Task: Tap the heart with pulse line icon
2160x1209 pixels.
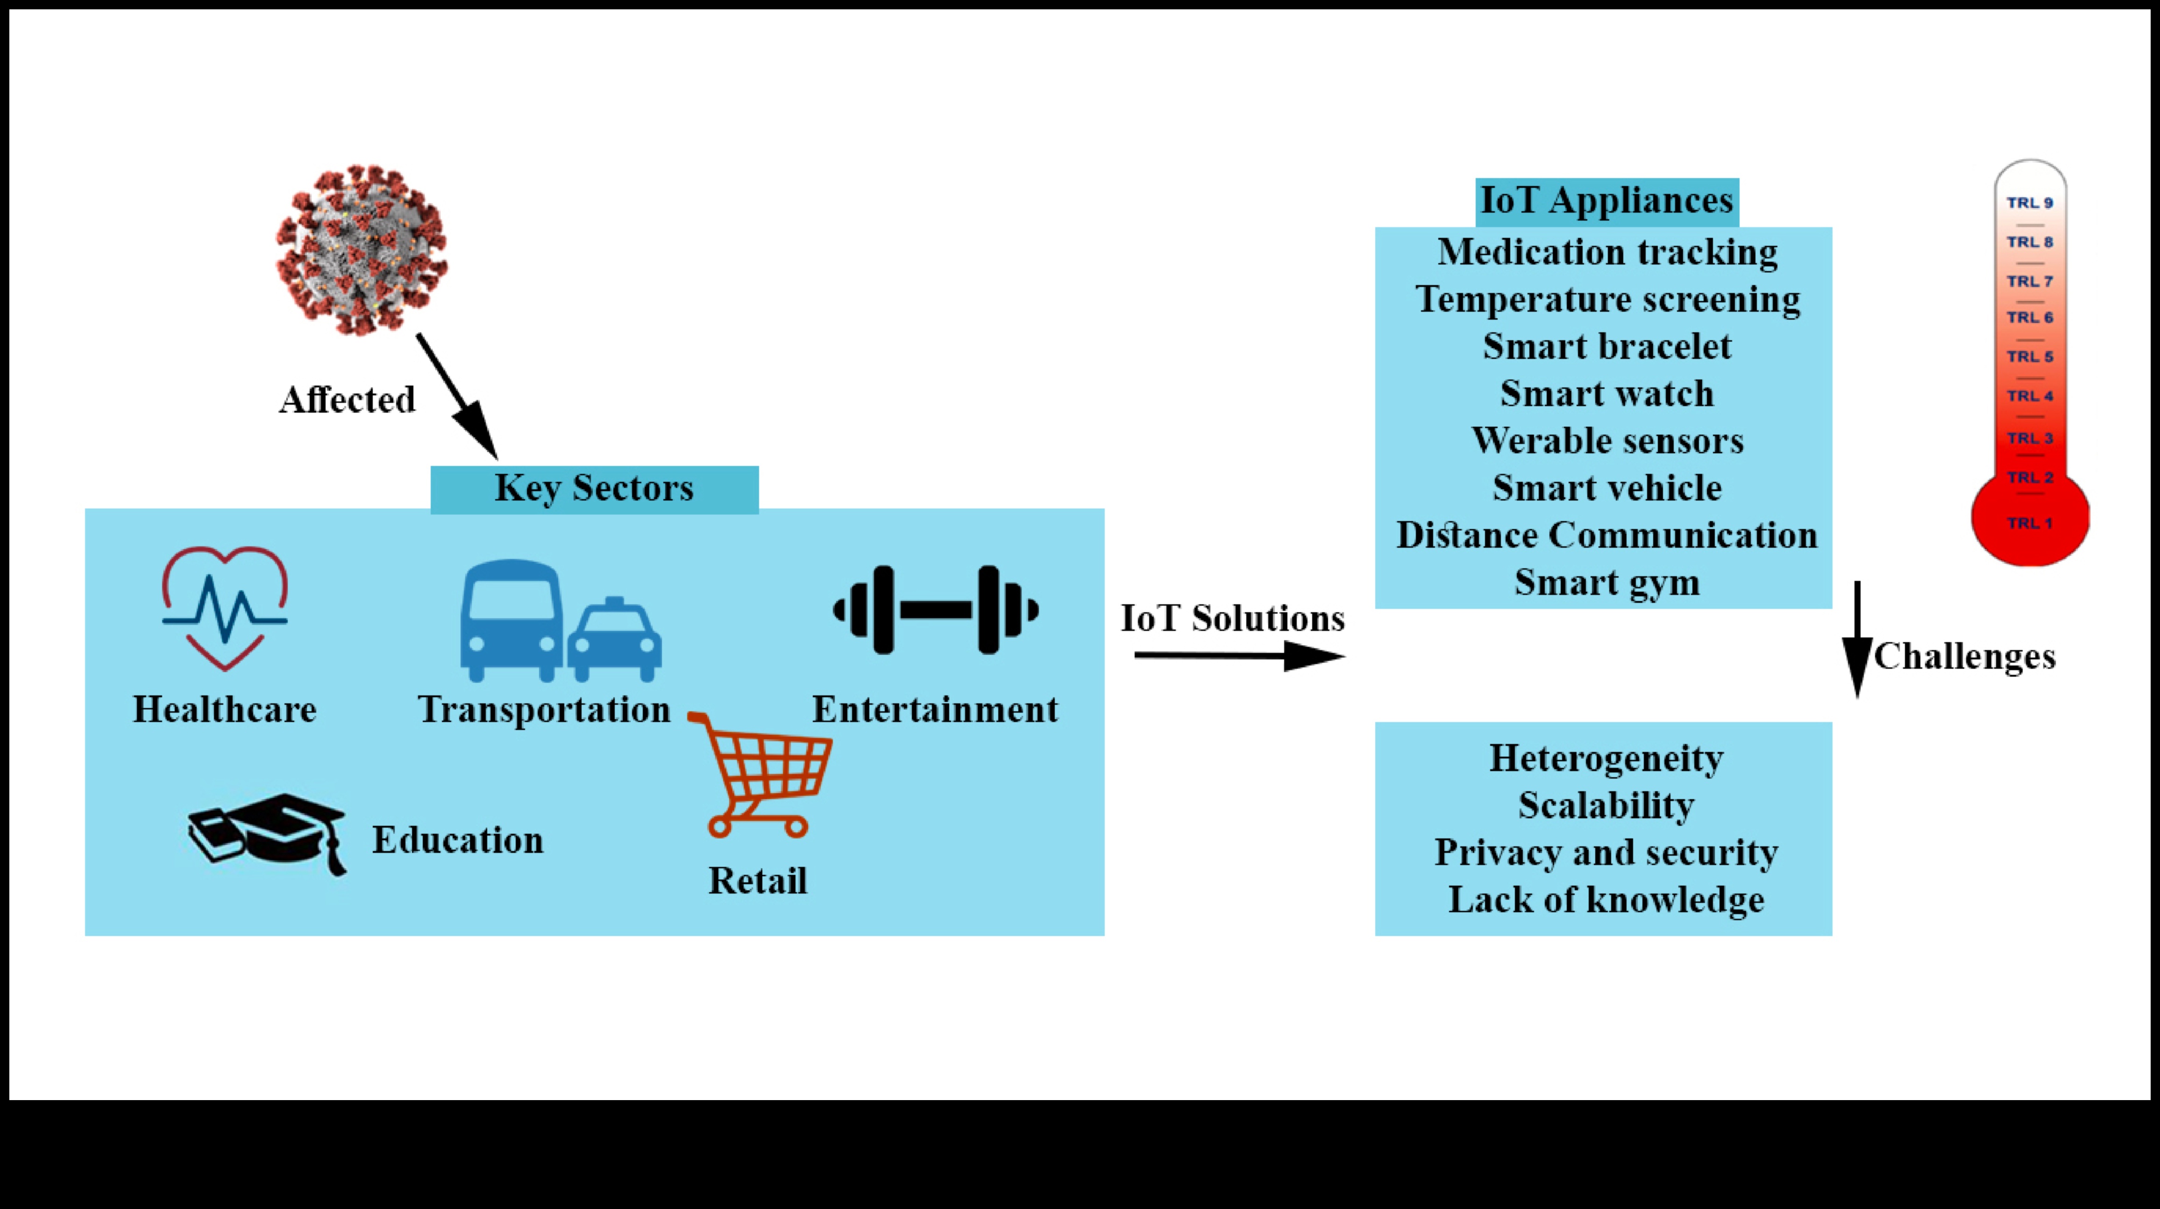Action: pyautogui.click(x=225, y=608)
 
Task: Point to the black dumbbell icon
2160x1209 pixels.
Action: pyautogui.click(x=936, y=610)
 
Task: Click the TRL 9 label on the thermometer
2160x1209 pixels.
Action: pyautogui.click(x=2029, y=203)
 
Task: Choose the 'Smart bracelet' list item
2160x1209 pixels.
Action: pyautogui.click(x=1606, y=346)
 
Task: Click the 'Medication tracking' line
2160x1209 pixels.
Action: pyautogui.click(x=1606, y=252)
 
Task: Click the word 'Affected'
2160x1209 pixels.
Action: pyautogui.click(x=347, y=400)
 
